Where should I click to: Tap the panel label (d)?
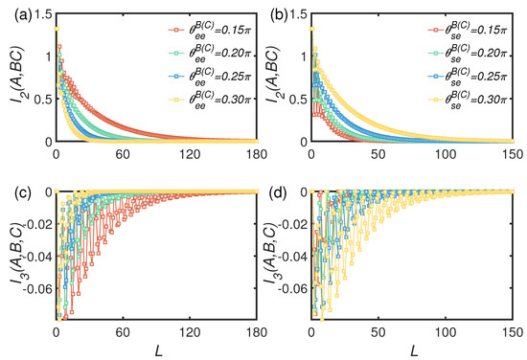coord(279,194)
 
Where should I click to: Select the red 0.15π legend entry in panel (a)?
coord(210,32)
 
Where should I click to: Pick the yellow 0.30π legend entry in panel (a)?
coord(210,100)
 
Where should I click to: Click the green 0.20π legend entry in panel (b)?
coord(468,54)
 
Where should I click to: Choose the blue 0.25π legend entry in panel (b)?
coord(468,77)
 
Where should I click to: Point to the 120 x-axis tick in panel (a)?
coord(190,154)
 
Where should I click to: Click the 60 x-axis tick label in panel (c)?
coord(123,332)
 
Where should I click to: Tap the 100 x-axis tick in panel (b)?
coord(446,154)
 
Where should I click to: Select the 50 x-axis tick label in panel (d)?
coord(378,332)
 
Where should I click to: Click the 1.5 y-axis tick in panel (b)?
coord(298,14)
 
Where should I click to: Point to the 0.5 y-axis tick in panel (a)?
coord(41,100)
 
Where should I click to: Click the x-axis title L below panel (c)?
coord(159,350)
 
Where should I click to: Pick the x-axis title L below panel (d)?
coord(414,350)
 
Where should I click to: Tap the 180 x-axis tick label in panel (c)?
coord(257,332)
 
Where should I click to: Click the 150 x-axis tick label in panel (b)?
coord(514,154)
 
